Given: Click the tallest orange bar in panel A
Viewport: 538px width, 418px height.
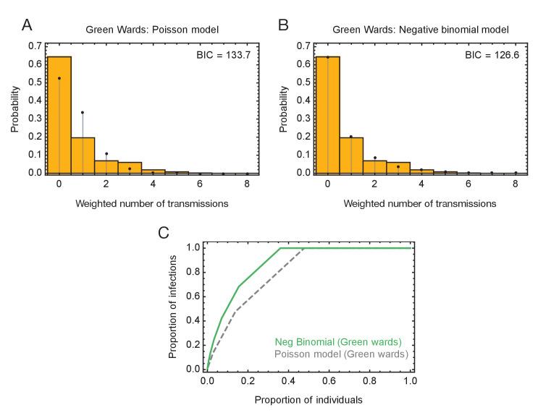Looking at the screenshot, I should pos(59,116).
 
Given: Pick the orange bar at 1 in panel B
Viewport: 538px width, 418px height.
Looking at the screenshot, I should pos(351,155).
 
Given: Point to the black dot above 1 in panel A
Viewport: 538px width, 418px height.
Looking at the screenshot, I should pos(83,112).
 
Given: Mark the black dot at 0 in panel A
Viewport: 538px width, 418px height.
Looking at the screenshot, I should pos(59,78).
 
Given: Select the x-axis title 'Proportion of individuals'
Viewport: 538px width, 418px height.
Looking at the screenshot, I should pos(308,399).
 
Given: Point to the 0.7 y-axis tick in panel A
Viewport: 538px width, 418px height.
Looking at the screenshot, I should pos(35,46).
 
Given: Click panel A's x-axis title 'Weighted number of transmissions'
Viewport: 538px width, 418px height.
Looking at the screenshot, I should pos(152,204).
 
